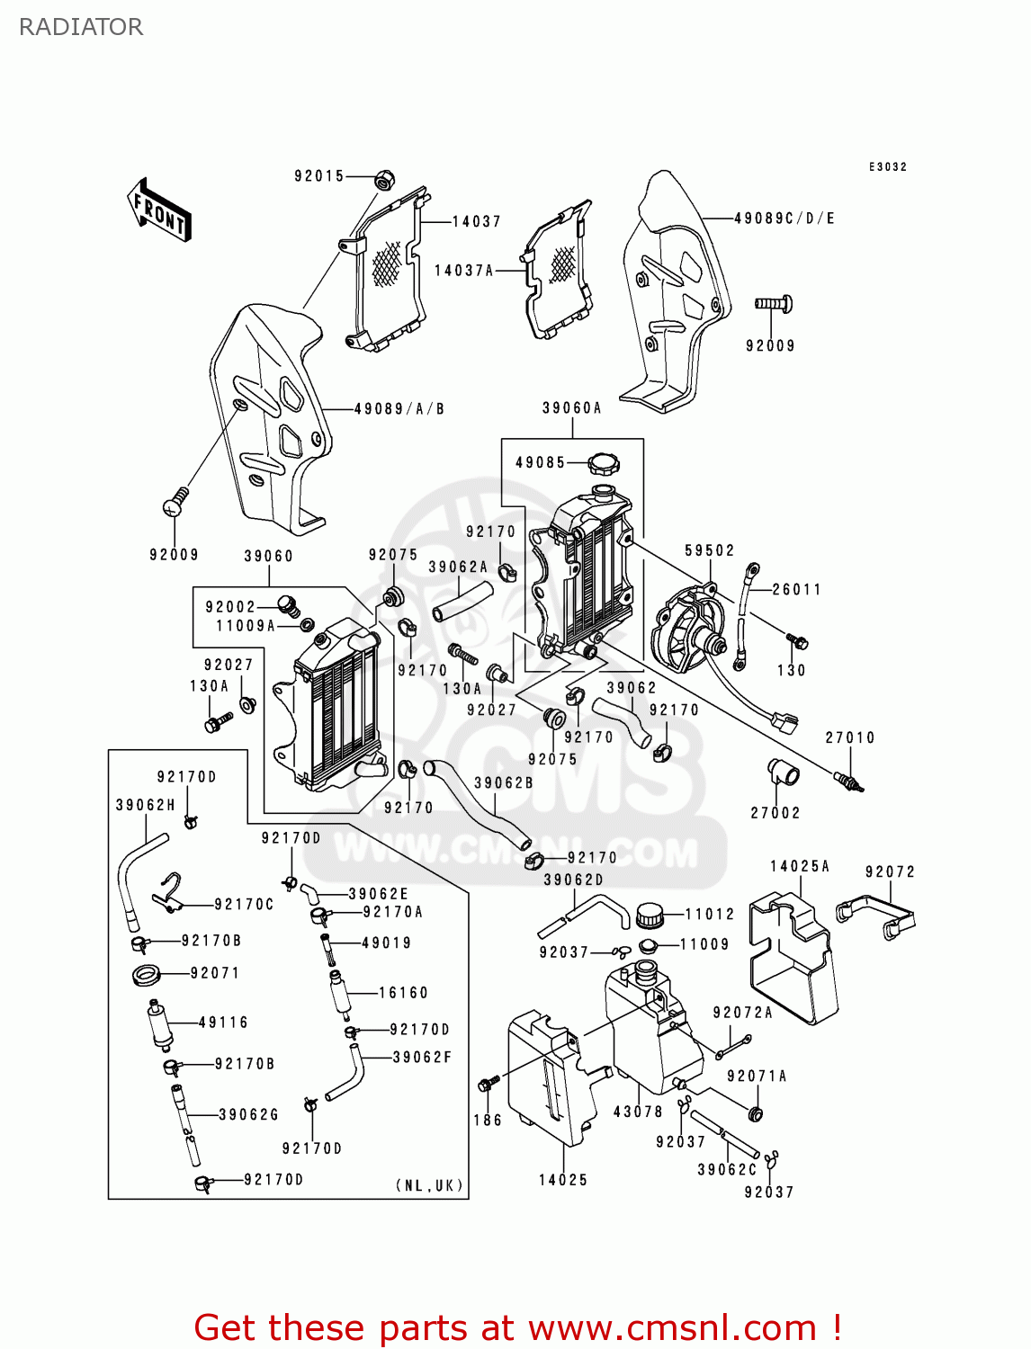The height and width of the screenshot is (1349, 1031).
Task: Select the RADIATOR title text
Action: point(81,27)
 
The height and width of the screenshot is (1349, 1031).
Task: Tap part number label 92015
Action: point(319,176)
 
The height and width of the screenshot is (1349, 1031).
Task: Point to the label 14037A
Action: point(463,270)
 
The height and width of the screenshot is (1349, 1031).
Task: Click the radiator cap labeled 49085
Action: point(603,465)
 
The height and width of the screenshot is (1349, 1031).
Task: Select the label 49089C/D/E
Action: point(784,219)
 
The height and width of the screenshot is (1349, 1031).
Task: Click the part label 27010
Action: point(849,737)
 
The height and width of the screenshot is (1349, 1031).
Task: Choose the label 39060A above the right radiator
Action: point(571,408)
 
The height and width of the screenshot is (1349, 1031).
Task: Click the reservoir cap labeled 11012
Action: point(649,916)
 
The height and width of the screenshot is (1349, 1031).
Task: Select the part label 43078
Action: point(638,1112)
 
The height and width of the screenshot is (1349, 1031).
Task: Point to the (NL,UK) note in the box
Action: point(430,1185)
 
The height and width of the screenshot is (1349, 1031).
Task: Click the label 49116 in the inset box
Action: point(223,1023)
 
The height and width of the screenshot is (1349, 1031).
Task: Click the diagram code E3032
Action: point(887,167)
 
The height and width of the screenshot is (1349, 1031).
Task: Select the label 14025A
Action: point(800,866)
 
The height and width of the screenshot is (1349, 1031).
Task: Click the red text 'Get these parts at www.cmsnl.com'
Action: point(517,1327)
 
